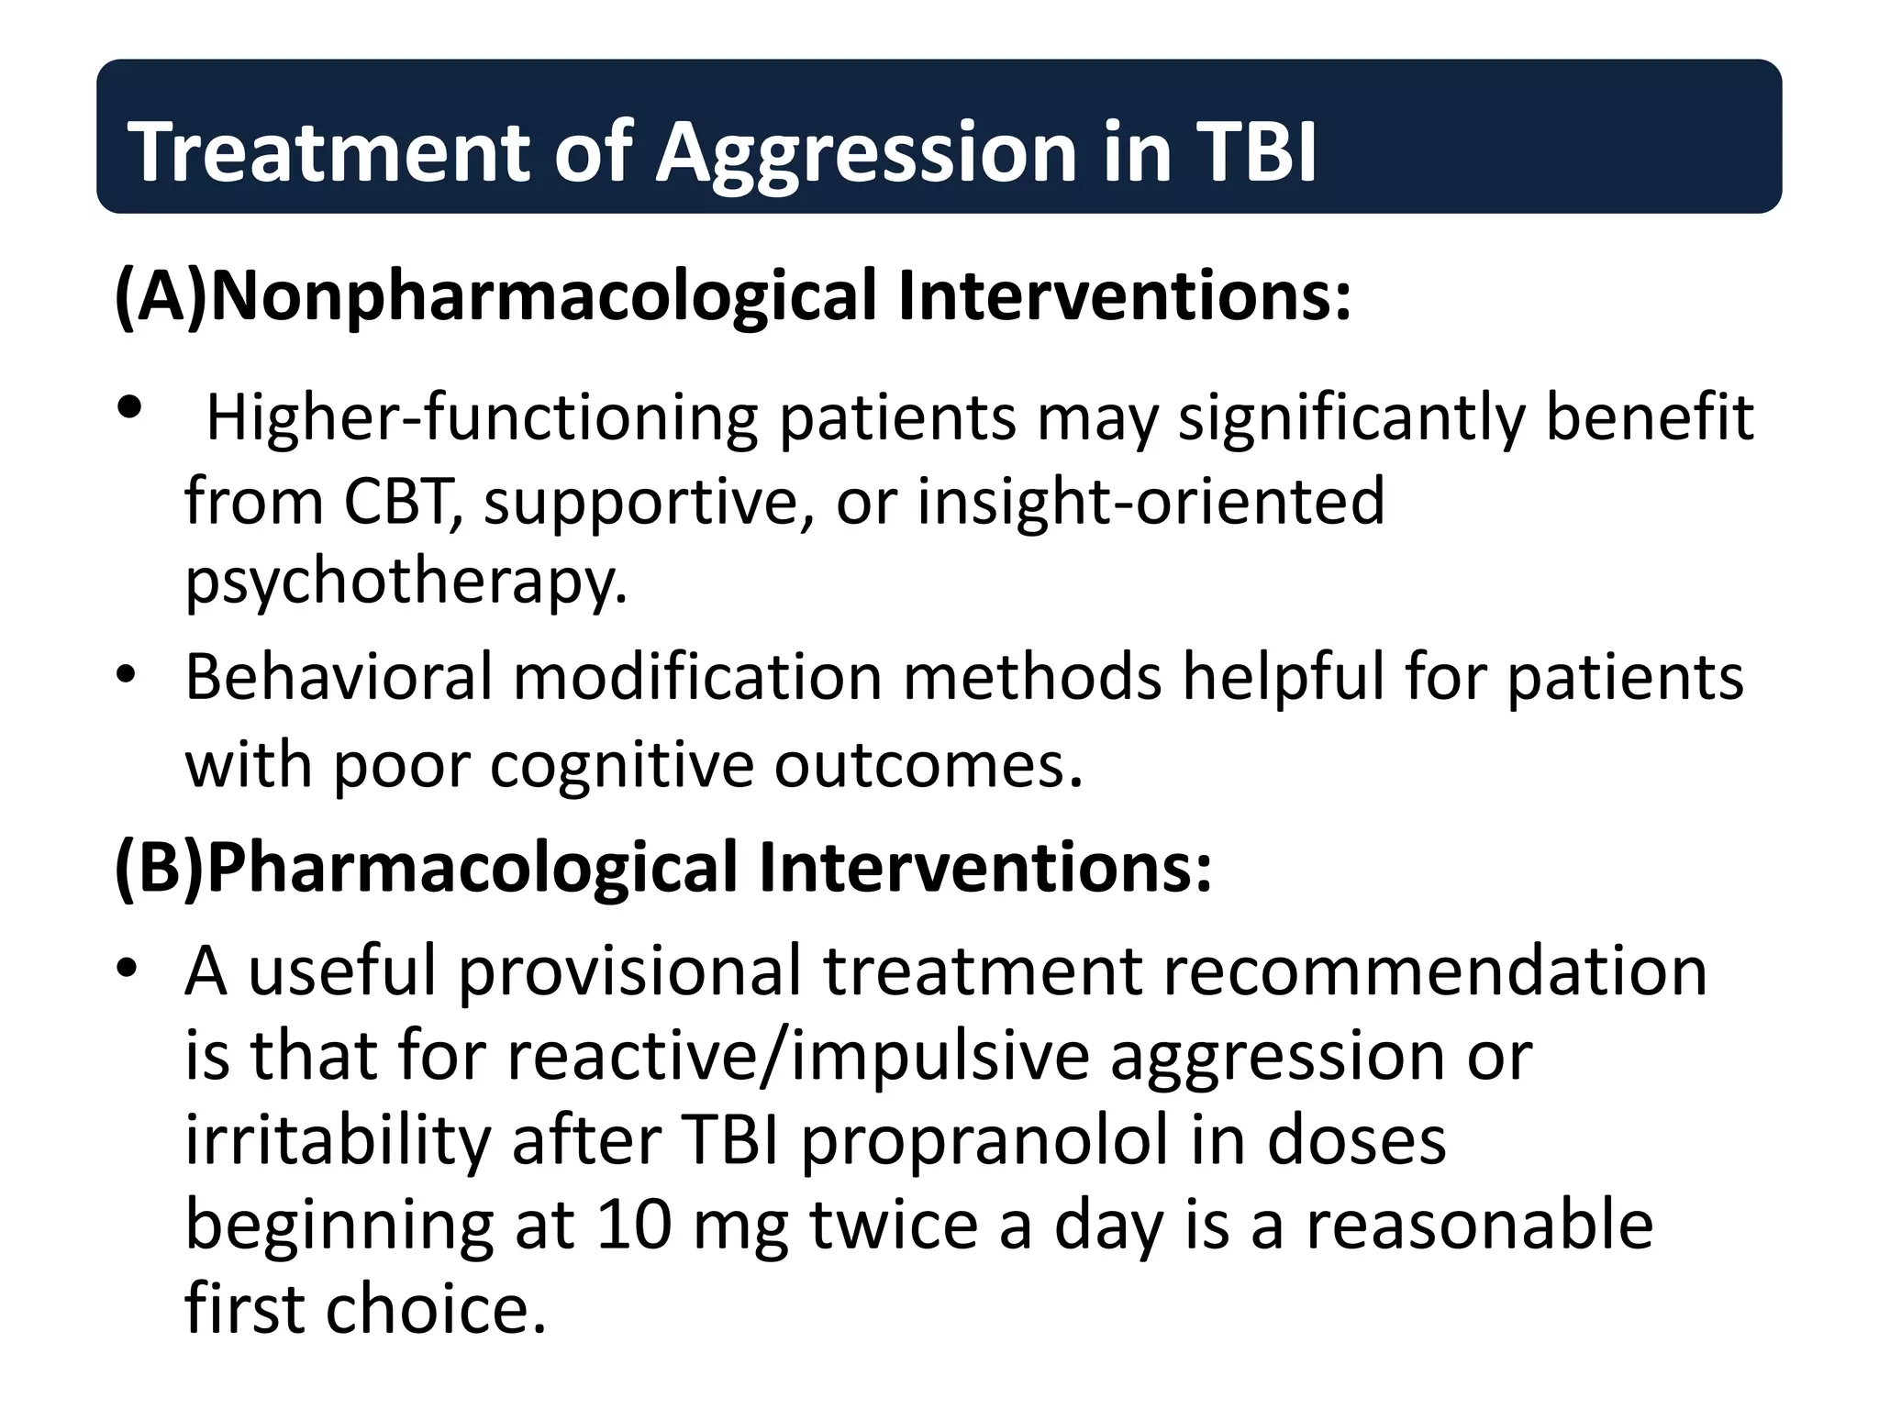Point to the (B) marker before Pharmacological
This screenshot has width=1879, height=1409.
[x=158, y=868]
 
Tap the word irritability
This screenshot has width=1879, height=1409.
[x=338, y=1142]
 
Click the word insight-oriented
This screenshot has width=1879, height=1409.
[x=1151, y=503]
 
